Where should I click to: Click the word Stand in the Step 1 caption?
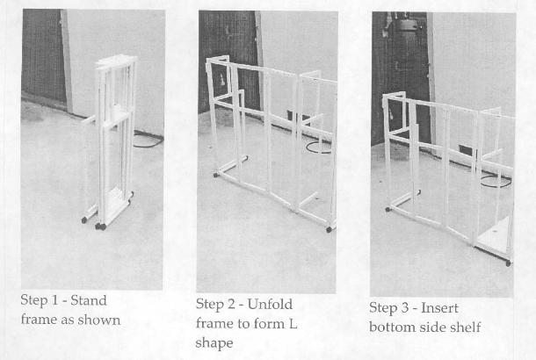[89, 300]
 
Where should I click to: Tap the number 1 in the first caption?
[54, 300]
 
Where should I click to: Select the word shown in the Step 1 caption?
[98, 320]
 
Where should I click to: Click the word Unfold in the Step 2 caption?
[270, 304]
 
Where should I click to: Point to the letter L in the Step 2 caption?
[293, 323]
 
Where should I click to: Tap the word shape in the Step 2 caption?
[214, 343]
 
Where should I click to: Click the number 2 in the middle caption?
[231, 304]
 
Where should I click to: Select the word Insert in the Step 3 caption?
[439, 307]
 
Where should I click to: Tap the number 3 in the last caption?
[405, 307]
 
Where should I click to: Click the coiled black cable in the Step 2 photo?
[319, 147]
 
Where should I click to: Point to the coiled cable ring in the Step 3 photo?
[496, 181]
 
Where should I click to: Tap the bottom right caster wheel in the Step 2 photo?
[329, 230]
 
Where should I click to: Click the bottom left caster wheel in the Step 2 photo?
[215, 175]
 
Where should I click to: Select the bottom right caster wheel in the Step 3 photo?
[508, 263]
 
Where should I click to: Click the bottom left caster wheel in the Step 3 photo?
[388, 209]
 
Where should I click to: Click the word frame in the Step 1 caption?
[39, 320]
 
